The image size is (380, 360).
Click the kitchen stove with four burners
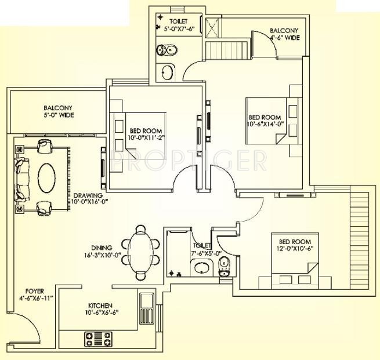(x=98, y=339)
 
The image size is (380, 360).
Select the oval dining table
(x=140, y=253)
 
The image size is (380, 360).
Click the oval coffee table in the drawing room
(x=46, y=178)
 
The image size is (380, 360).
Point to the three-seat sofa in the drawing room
(x=21, y=179)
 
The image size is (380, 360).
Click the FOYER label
(x=35, y=291)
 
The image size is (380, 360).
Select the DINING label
(x=102, y=248)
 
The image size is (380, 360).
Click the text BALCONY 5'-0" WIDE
(x=58, y=111)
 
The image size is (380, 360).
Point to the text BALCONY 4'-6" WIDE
(x=284, y=34)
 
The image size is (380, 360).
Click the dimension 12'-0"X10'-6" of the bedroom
(x=295, y=249)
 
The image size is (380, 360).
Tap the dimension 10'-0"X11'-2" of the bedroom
(x=146, y=138)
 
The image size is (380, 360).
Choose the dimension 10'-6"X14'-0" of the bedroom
(x=265, y=124)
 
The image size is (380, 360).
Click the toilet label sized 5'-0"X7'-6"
(x=179, y=24)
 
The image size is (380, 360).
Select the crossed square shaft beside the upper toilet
(x=212, y=28)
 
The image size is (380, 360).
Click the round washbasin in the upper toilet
(x=167, y=72)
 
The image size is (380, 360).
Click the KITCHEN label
(x=100, y=306)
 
